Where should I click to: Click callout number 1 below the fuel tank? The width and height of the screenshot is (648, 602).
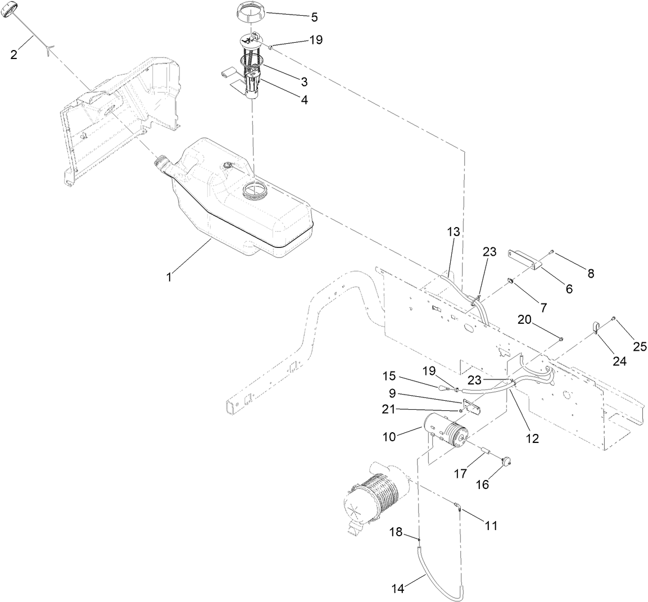tap(169, 277)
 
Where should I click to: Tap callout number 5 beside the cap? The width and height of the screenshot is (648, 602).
tap(314, 17)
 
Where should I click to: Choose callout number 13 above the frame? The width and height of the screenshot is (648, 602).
tap(453, 232)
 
